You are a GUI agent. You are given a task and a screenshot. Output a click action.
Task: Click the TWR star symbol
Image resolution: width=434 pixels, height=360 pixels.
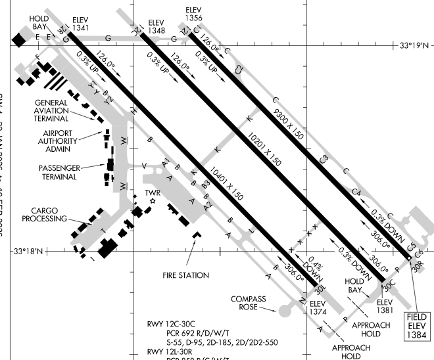coord(152,202)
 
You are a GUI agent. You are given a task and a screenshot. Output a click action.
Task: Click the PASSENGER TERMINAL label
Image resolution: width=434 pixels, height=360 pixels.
coord(60,172)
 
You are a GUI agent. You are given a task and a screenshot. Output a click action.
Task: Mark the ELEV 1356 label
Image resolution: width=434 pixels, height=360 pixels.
coord(194,14)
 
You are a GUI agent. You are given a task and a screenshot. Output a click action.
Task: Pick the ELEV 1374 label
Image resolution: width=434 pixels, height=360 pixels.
coord(318,308)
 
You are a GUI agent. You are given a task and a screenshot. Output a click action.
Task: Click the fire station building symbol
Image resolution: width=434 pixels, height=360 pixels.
coord(196,235)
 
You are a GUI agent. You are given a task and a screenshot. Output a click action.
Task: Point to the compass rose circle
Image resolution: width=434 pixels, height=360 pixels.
coord(283,307)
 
